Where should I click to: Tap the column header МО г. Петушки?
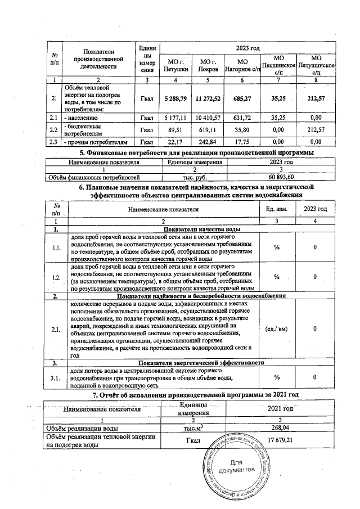[x=174, y=65]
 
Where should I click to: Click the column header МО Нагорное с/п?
[x=242, y=65]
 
